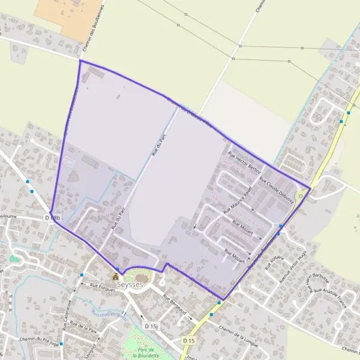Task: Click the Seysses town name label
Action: coord(131,284)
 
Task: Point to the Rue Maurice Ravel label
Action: coord(239,202)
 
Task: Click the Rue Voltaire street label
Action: coord(274,262)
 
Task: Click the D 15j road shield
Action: coord(151,326)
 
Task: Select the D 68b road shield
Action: coord(53,218)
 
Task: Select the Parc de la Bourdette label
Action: coord(143,352)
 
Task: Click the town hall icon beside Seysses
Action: coord(115,277)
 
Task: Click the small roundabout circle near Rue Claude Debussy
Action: coord(301,196)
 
